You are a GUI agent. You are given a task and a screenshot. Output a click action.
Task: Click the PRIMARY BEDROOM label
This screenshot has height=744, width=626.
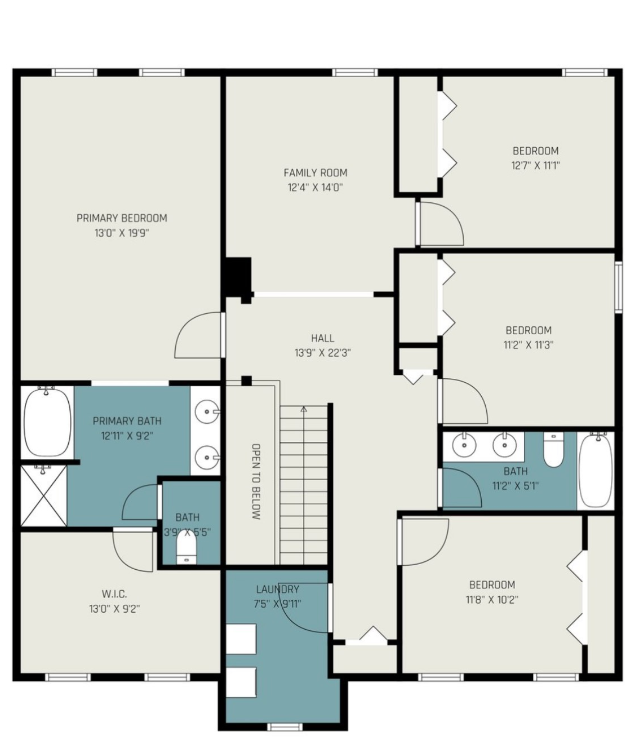pos(122,218)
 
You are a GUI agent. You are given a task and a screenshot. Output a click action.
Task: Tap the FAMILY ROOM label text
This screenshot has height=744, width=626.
pos(315,173)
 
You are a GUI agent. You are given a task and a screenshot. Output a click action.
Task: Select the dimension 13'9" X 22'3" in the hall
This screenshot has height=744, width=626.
pos(323,353)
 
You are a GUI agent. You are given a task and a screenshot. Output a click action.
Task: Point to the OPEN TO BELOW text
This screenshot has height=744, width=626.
pos(255,481)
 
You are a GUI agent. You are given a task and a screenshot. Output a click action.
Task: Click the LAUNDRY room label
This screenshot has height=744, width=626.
pos(277,590)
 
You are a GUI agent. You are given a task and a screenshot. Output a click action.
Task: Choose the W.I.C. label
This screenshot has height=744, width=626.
pos(114,594)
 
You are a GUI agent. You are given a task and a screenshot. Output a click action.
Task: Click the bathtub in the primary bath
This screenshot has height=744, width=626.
pos(47,422)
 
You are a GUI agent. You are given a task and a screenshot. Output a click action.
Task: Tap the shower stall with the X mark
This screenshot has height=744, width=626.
pos(43,496)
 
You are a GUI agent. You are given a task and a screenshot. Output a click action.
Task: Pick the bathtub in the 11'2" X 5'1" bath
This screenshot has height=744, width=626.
pos(595,470)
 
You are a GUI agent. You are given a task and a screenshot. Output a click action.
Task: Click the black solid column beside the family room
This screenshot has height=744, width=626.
pos(237,277)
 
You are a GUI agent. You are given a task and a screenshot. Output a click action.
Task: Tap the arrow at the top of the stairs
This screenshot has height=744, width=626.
pos(304,409)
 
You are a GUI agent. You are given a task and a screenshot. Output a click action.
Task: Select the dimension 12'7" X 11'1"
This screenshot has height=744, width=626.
pos(535,166)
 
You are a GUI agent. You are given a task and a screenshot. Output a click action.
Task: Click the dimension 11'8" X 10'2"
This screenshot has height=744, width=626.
pos(492,600)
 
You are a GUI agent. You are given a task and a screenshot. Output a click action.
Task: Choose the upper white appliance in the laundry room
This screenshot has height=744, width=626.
pos(241,638)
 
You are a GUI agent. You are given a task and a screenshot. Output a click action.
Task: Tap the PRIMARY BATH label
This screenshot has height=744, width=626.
pos(127,421)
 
